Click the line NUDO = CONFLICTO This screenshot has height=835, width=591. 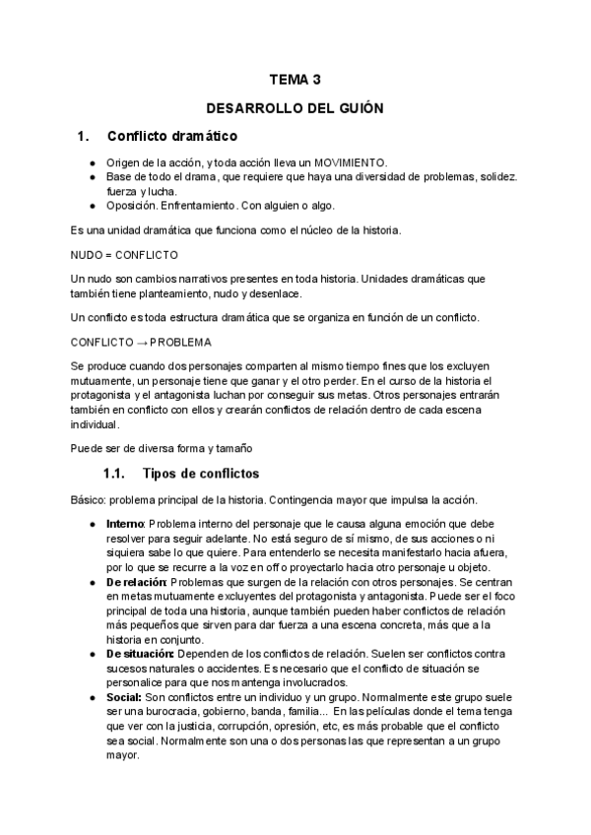coord(124,254)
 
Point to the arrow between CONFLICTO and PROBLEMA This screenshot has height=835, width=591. coord(141,342)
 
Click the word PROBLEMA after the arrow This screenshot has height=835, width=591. coord(178,342)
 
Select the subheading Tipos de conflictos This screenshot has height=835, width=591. coord(200,473)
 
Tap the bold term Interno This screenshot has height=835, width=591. coord(125,523)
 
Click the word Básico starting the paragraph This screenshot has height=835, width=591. coord(89,498)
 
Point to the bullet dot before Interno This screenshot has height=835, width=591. coord(93,523)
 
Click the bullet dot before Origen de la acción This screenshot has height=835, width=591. coord(93,162)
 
